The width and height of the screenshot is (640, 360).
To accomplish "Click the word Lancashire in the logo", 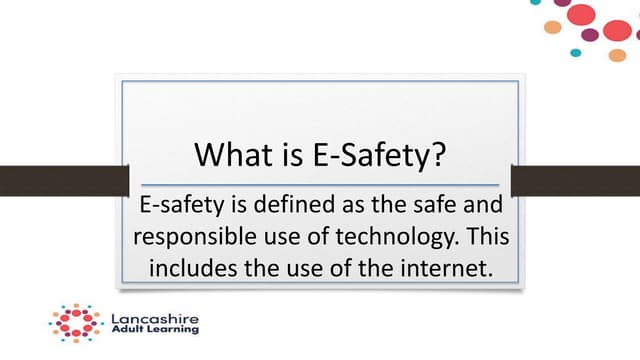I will click(155, 320).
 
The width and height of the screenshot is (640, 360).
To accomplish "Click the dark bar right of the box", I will click(575, 180).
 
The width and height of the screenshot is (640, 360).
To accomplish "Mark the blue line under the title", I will click(320, 185).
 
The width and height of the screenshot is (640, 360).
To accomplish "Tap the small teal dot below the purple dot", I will click(575, 53).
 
